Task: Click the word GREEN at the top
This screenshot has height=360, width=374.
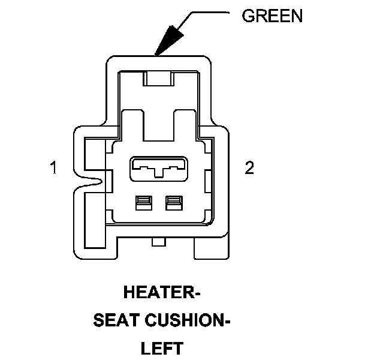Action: click(272, 16)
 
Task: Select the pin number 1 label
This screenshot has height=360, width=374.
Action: click(54, 168)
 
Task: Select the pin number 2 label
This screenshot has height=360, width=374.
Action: click(249, 168)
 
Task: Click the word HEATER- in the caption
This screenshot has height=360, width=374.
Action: click(161, 293)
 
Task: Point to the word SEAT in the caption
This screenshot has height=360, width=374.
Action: click(116, 321)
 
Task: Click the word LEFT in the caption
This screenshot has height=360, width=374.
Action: click(161, 349)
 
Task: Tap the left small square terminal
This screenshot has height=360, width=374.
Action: click(143, 204)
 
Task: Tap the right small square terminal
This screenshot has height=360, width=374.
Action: click(174, 204)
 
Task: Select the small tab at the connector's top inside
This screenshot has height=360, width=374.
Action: click(158, 79)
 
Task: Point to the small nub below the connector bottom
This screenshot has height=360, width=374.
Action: click(158, 242)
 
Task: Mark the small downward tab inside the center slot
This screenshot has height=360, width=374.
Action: click(158, 175)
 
